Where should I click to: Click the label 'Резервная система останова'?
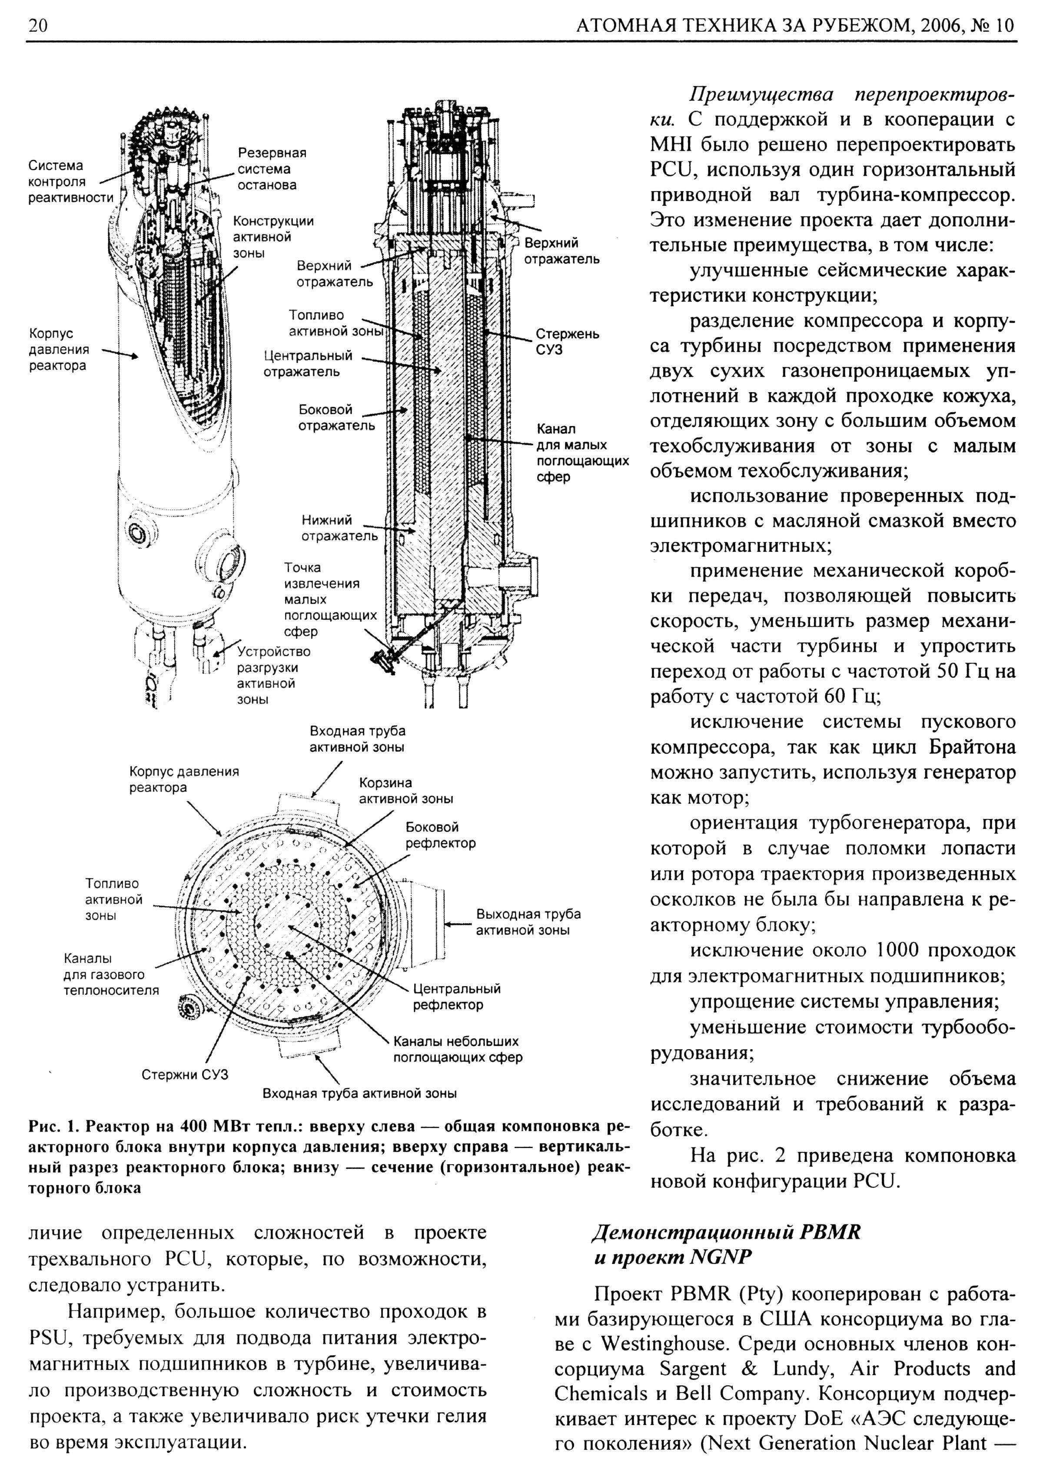pos(271,169)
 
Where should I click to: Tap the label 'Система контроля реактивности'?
pos(70,182)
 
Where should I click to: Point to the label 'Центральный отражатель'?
pos(308,363)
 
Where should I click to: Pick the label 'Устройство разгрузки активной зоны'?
pos(273,675)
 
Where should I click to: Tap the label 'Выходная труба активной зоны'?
pos(528,922)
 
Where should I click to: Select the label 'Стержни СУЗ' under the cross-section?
pos(185,1075)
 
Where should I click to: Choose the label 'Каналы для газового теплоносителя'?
pos(110,975)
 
